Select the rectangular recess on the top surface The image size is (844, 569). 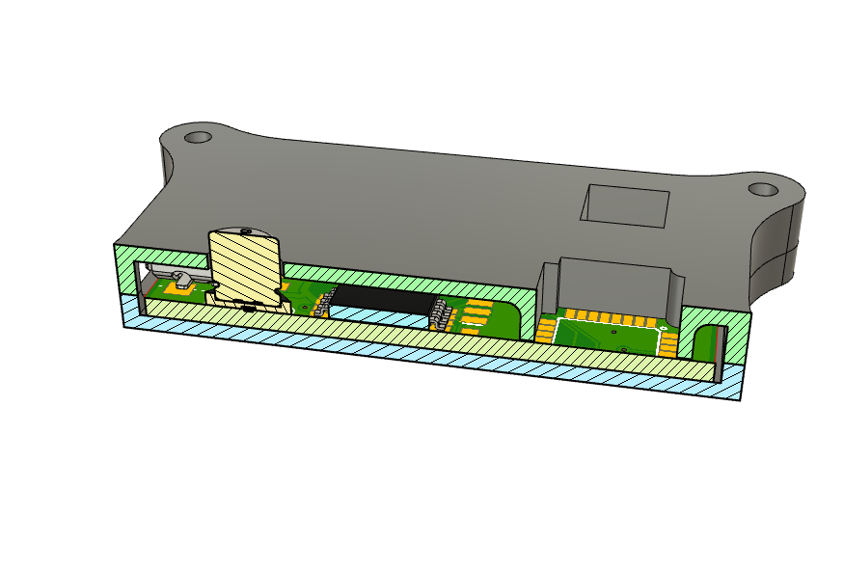coord(625,205)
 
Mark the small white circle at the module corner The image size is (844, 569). coord(662,328)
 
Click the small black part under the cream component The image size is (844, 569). coord(250,308)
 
